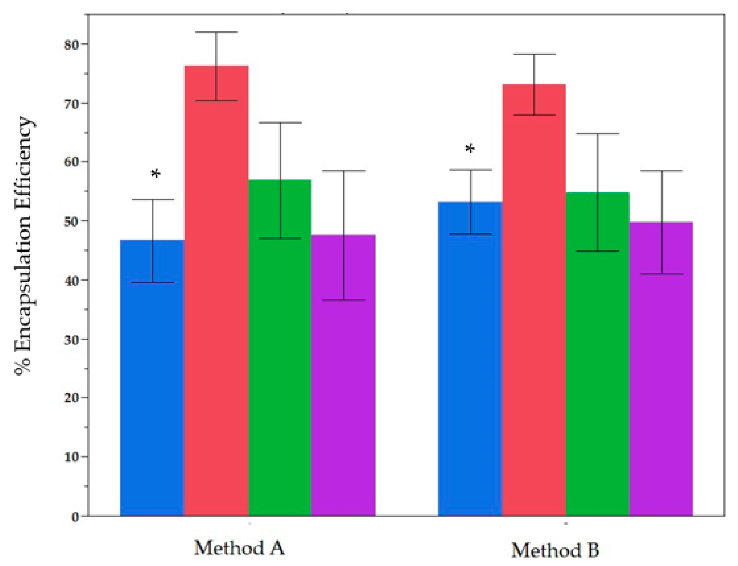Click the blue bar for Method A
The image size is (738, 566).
click(152, 377)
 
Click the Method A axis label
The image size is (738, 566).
click(239, 548)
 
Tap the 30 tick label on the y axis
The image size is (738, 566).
click(71, 339)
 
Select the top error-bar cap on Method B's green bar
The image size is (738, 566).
click(598, 134)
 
